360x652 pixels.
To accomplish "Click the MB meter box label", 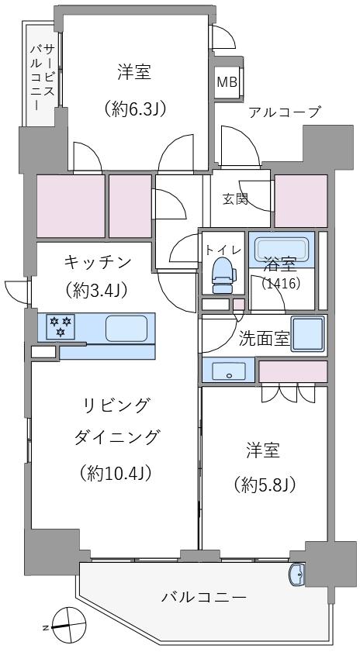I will (227, 82).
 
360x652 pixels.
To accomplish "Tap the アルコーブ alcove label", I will (284, 112).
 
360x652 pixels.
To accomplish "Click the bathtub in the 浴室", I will (282, 250).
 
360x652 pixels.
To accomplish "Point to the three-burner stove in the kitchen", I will (60, 327).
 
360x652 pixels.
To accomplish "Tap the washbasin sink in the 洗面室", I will (228, 371).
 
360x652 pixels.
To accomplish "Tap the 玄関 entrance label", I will (236, 198).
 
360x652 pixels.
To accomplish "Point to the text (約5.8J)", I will (263, 485).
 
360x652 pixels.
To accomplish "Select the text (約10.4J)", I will (117, 472).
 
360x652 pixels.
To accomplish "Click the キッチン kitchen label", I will (97, 261).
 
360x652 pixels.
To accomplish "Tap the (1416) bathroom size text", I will (281, 283).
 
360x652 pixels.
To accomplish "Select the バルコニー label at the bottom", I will (204, 598).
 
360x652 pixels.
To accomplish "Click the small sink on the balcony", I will (296, 575).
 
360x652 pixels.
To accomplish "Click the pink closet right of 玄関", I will (301, 200).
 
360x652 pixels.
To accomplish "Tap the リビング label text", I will (116, 405).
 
